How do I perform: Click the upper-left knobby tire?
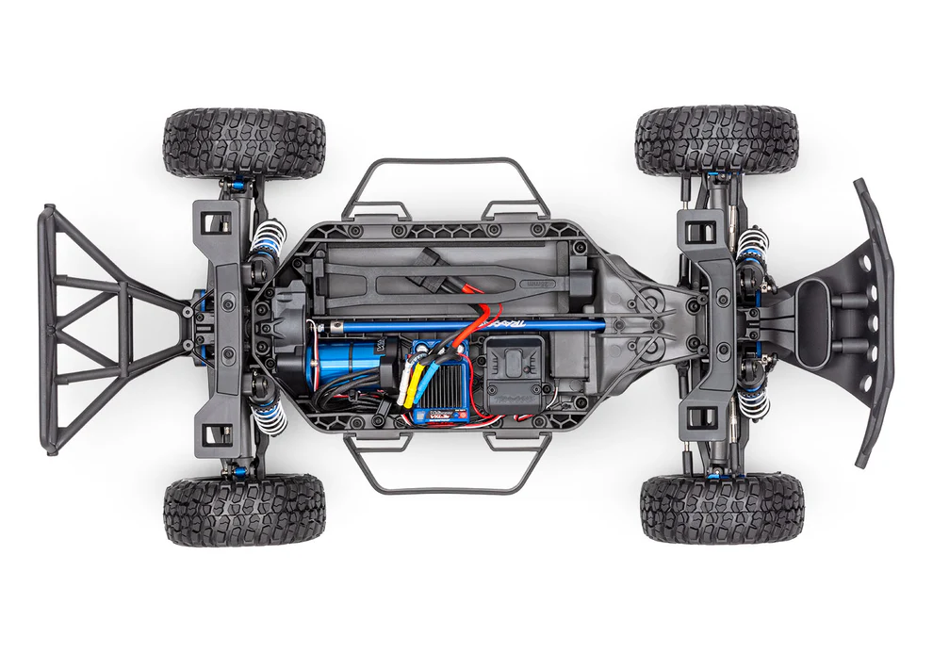point(244,143)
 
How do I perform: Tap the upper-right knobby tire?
point(716,141)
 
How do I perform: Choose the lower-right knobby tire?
point(721,509)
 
